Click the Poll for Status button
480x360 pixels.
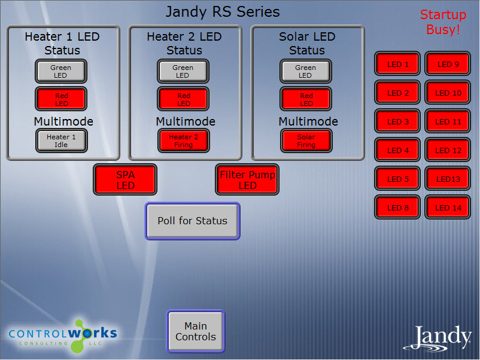coord(192,221)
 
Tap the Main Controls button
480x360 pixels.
coord(196,331)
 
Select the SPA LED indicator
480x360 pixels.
coord(125,179)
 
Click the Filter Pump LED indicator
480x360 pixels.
coord(247,179)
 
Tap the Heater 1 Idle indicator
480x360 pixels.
coord(61,141)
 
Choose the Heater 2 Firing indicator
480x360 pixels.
coord(184,141)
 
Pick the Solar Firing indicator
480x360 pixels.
coord(306,141)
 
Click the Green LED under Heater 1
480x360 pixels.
coord(61,71)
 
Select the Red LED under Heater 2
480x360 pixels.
coord(183,99)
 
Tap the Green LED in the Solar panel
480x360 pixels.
coord(305,71)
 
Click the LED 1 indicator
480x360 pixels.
coord(397,63)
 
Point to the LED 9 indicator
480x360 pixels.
coord(448,63)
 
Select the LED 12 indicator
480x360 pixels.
coord(448,150)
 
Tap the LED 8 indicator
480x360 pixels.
coord(397,208)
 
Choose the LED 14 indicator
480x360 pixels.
coord(448,208)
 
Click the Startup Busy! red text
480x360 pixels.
coord(443,22)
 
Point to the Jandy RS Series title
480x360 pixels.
coord(223,12)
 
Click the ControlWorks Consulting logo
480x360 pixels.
coord(63,336)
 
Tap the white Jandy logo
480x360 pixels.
coord(437,338)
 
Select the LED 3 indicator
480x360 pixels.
coord(397,121)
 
